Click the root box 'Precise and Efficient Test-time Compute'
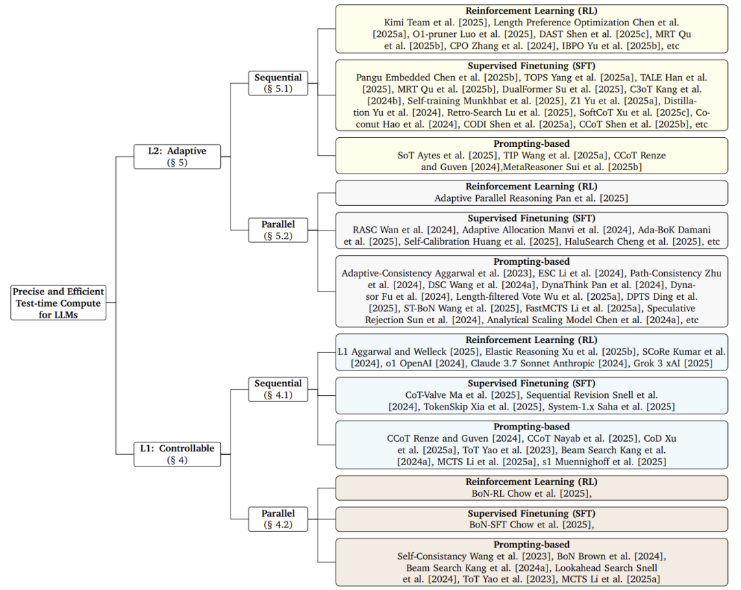(x=58, y=303)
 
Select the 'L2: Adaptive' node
(x=177, y=156)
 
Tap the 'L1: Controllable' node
(x=177, y=454)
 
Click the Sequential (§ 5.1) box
(x=278, y=83)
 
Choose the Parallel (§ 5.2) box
(x=278, y=230)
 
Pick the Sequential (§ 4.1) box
(x=278, y=389)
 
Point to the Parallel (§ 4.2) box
(x=278, y=519)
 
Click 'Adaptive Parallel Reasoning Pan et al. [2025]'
(x=531, y=198)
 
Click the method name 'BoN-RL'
(x=488, y=494)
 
